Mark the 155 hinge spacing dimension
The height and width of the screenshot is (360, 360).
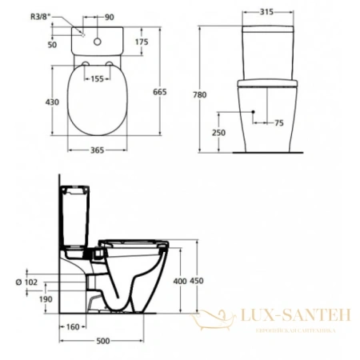click(98, 79)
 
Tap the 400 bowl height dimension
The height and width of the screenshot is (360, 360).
click(181, 281)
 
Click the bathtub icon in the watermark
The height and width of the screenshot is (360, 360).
click(213, 321)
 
